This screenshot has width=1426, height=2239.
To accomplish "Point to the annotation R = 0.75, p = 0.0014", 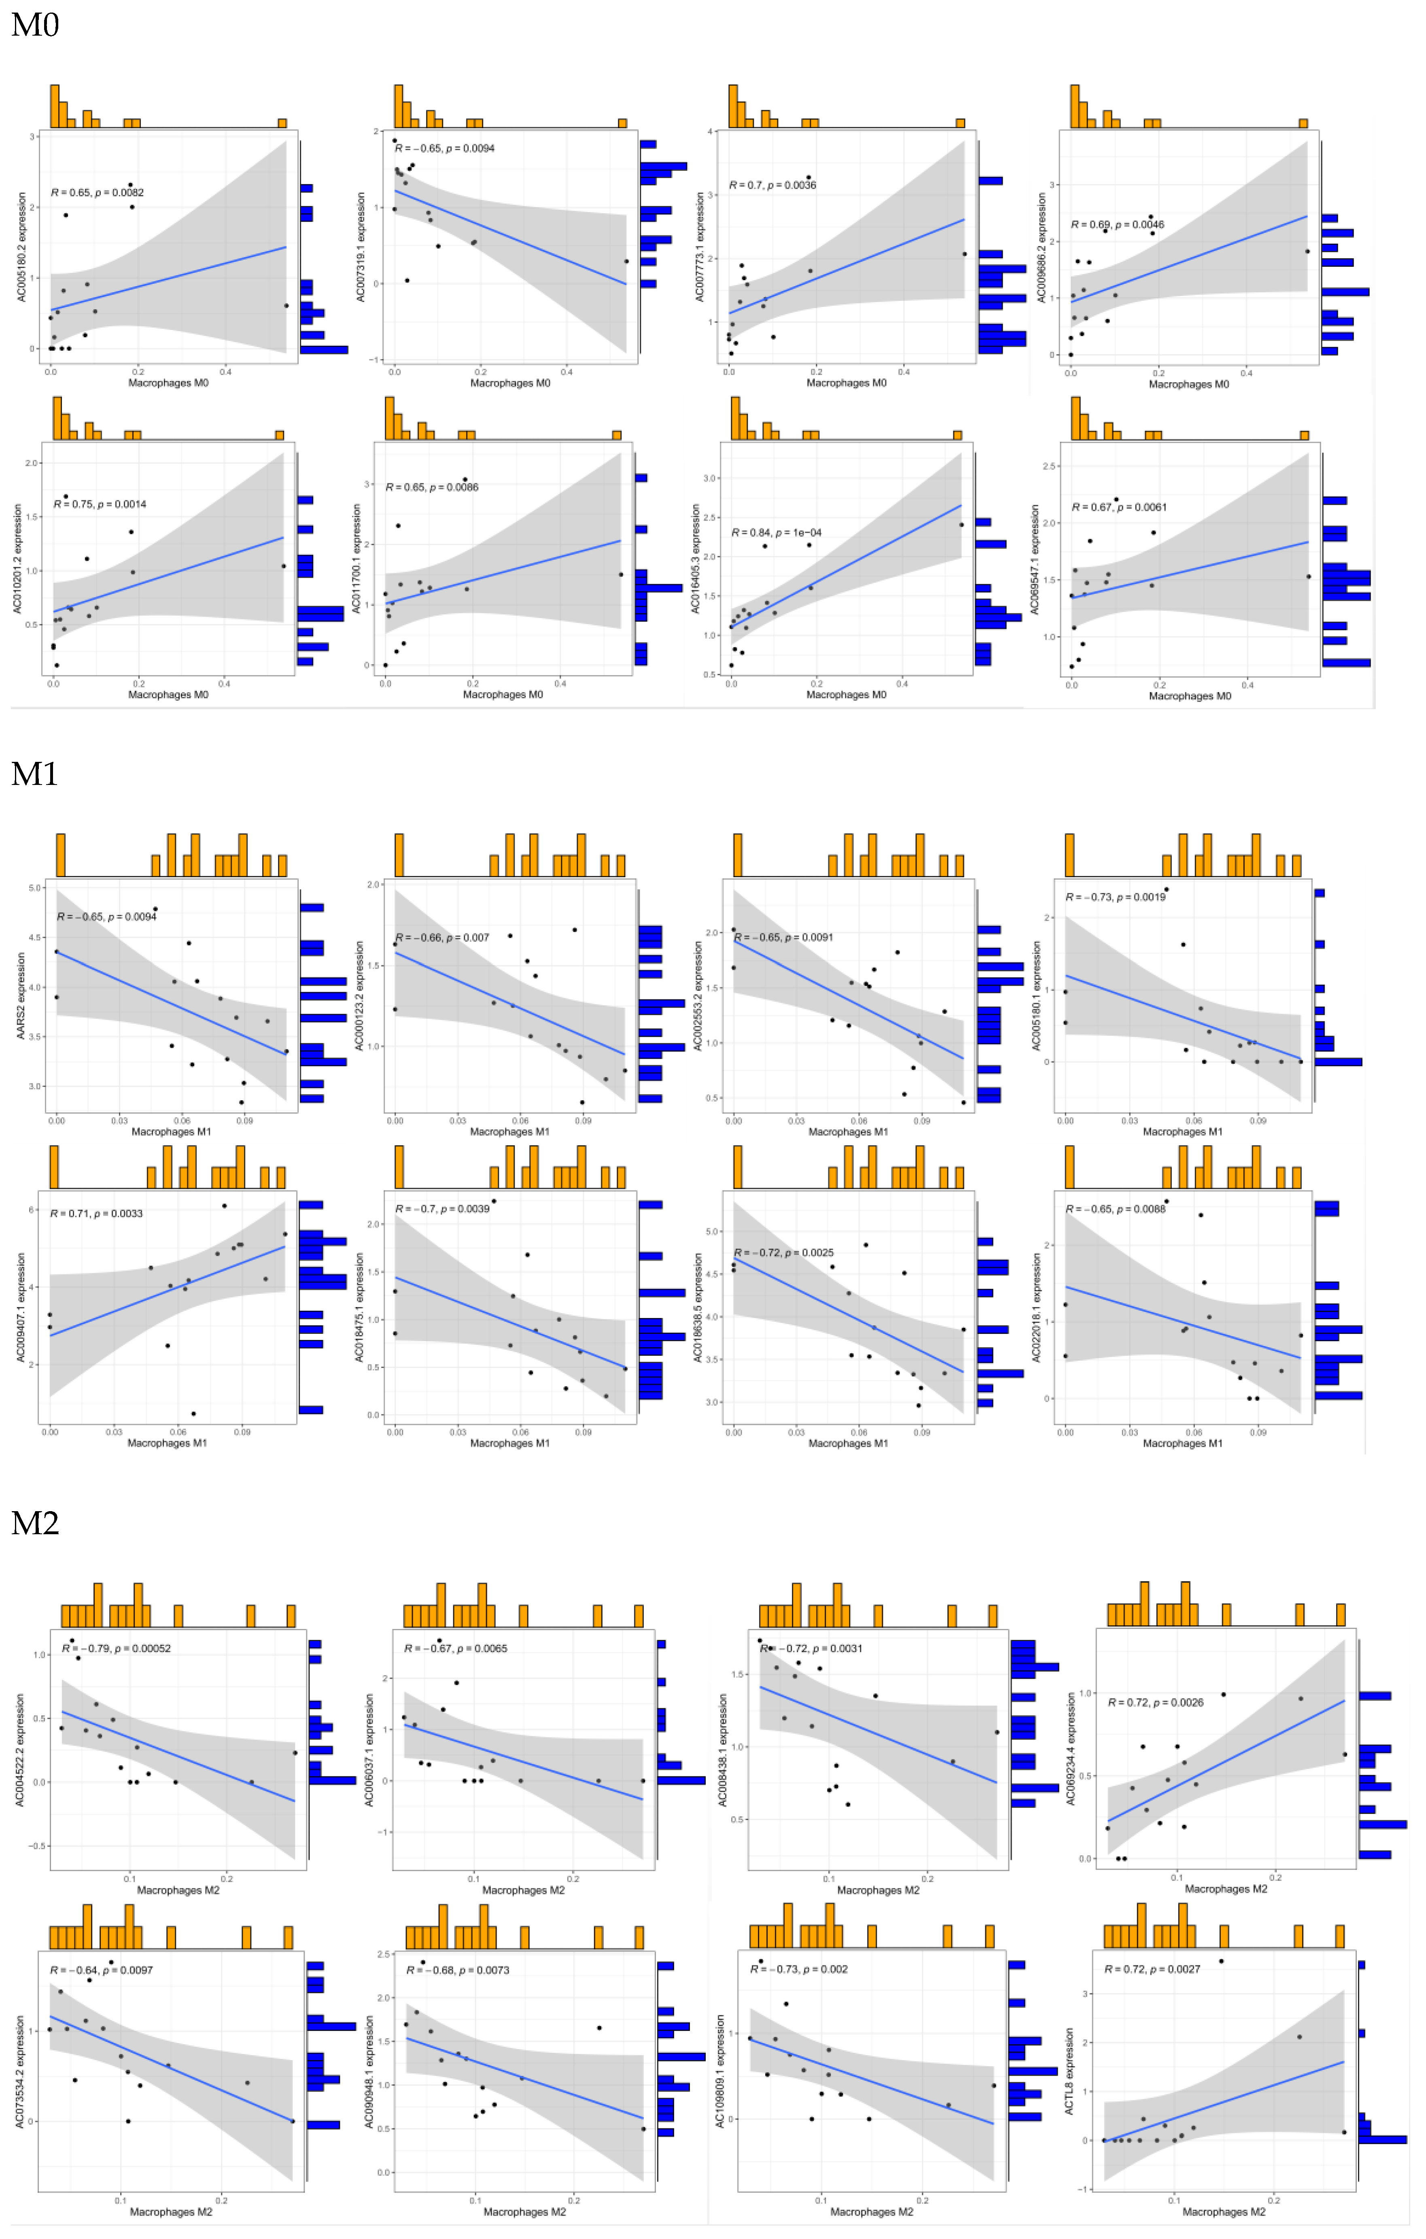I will (100, 504).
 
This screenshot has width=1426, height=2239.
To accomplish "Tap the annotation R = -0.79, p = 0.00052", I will (116, 1648).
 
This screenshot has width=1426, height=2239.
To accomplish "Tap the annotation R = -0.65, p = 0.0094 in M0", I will (444, 148).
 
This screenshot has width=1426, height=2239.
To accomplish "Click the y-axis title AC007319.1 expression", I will (362, 247).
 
